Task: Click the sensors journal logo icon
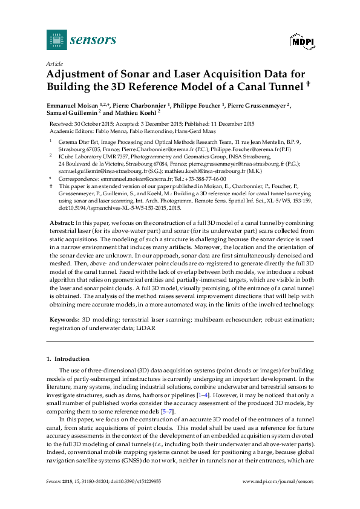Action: coord(56,40)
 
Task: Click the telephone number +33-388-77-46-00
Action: coord(205,180)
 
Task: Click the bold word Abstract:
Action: coord(62,224)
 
